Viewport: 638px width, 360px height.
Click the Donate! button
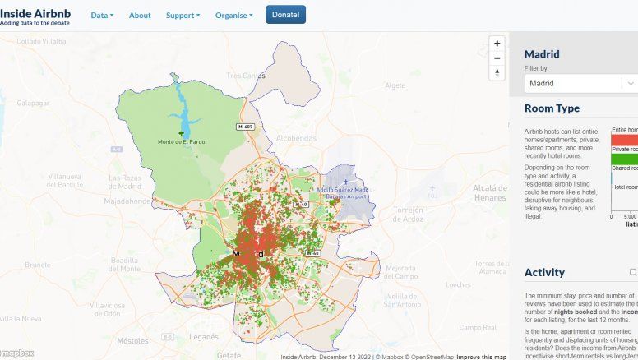285,15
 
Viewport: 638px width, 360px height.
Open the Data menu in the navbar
102,16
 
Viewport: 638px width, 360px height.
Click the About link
140,16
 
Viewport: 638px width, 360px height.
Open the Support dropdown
183,16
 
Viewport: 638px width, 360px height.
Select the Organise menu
233,16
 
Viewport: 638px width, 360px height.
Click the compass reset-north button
496,73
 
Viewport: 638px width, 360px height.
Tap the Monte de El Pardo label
181,141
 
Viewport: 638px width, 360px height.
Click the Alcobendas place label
296,138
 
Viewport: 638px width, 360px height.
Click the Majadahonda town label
125,200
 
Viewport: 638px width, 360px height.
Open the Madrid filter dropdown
580,83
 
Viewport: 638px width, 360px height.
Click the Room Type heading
552,108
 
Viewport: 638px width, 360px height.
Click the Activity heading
544,272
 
